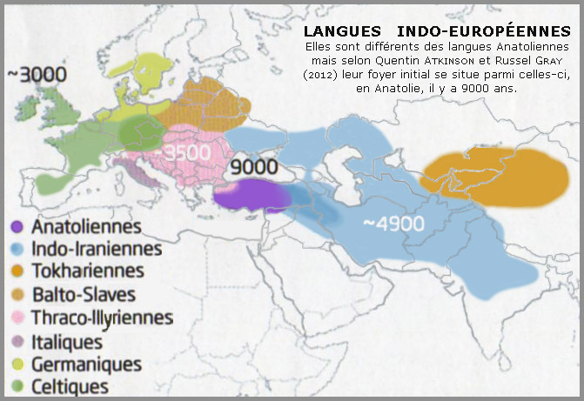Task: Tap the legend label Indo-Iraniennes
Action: point(97,248)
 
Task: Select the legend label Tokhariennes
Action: point(88,271)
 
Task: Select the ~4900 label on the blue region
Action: point(393,223)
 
